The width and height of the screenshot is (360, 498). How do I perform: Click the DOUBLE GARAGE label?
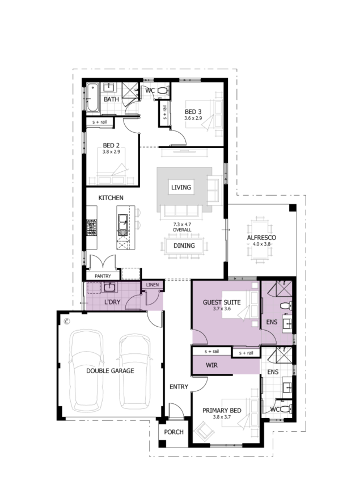110,370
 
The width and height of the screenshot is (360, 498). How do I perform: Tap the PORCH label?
173,432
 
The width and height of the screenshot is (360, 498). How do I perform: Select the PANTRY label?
103,276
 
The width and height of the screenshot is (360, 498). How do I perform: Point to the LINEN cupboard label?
153,285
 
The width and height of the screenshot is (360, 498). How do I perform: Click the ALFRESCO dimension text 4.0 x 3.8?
261,244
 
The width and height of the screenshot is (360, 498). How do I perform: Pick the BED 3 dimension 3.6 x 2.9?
193,118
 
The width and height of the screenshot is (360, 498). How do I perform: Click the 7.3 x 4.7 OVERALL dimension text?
182,227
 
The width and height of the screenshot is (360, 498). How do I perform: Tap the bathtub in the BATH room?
93,97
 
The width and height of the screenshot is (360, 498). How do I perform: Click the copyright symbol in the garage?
67,322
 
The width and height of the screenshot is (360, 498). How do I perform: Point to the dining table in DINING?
184,246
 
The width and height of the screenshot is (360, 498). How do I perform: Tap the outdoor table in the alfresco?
260,238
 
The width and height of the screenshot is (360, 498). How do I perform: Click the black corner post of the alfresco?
293,208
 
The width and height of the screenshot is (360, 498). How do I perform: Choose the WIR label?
211,365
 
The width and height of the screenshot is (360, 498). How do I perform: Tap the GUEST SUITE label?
222,302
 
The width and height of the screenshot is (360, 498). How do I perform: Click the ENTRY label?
179,386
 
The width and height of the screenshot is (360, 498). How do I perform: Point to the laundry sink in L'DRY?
109,287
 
